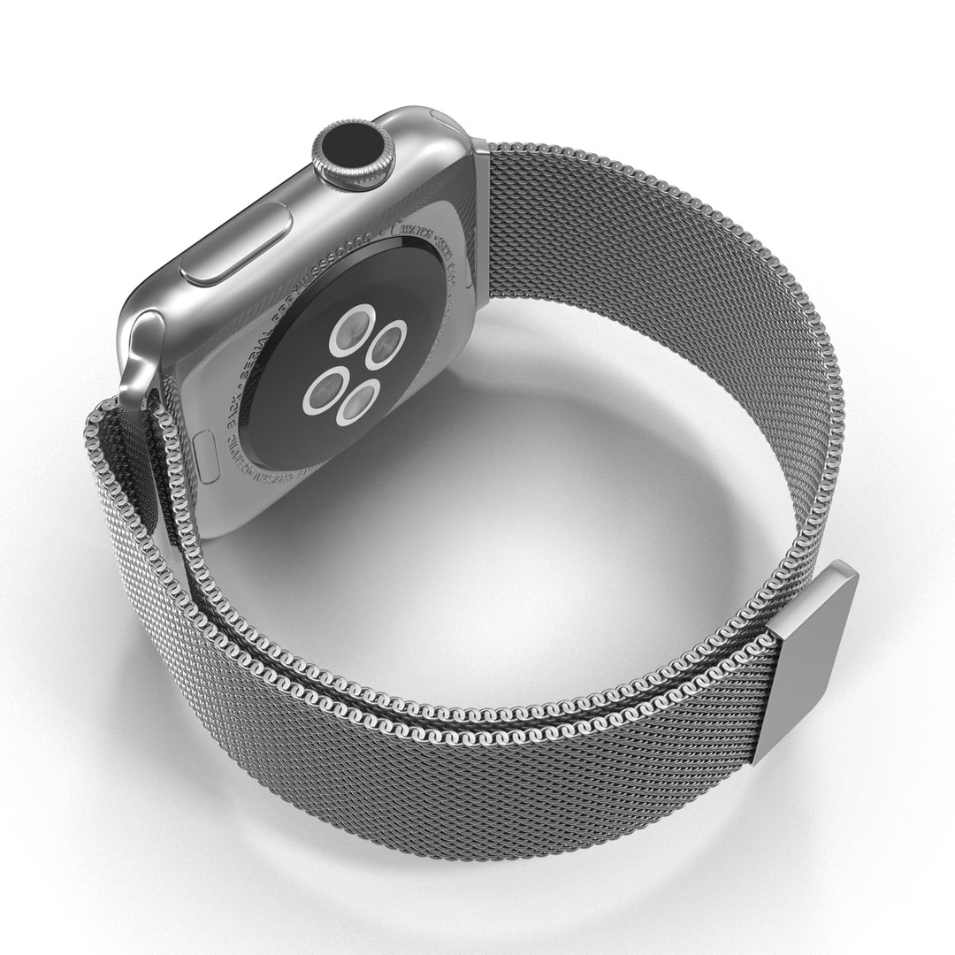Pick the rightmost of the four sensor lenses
pyautogui.click(x=387, y=344)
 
